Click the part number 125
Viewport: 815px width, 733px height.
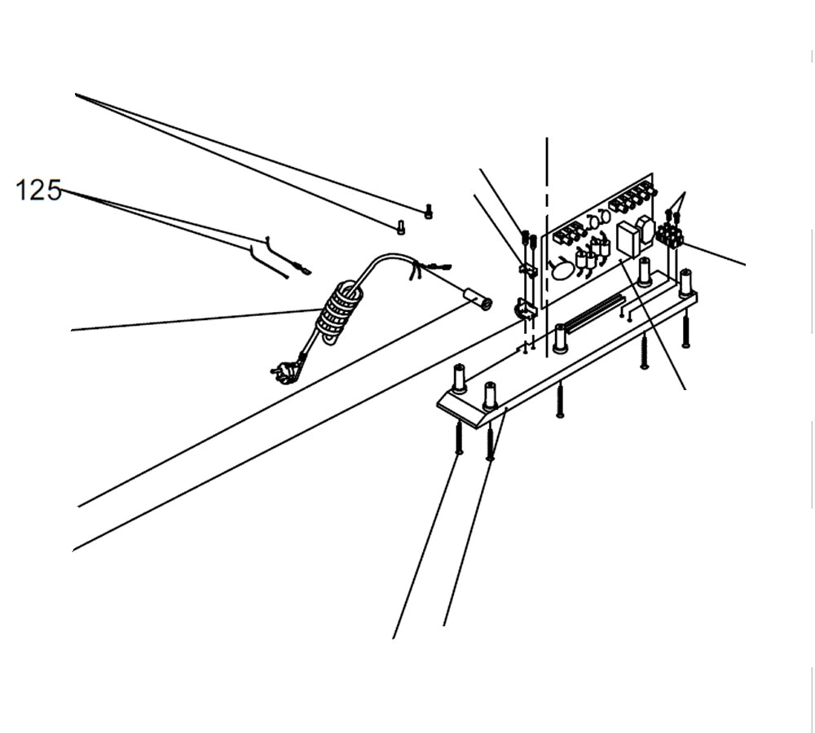[38, 191]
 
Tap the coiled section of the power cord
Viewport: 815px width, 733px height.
[337, 312]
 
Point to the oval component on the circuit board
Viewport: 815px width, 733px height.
[562, 270]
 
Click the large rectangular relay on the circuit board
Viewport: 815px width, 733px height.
[628, 240]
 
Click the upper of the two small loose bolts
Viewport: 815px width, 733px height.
[429, 213]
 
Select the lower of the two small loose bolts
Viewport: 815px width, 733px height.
[400, 228]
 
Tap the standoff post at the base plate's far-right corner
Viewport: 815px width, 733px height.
[685, 281]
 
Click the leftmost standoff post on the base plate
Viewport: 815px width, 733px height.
[459, 377]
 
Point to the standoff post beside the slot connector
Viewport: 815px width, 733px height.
[560, 337]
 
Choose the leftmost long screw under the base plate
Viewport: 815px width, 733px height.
[459, 437]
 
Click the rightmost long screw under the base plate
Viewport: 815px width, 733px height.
[685, 331]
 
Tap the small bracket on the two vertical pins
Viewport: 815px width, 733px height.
[528, 269]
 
